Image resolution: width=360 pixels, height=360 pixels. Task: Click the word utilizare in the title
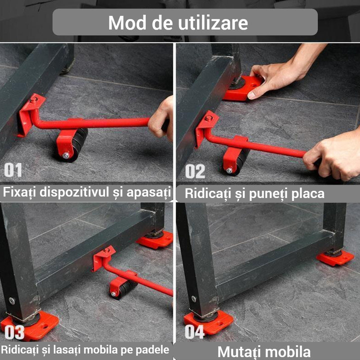coord(213,22)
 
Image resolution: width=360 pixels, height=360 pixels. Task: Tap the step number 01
coord(13,170)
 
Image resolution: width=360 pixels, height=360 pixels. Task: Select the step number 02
coord(195,171)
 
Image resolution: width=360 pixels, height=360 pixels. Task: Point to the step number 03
coord(14,332)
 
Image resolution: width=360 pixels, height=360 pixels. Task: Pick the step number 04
coord(194,332)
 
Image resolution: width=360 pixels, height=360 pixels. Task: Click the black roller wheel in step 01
coord(77,144)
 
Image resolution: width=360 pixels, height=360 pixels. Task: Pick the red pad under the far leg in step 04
coord(335,258)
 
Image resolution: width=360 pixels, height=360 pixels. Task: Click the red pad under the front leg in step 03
coord(30,326)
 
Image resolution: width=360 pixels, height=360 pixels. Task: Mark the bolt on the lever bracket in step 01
coord(33,100)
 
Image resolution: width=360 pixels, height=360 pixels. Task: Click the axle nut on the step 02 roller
coord(229,171)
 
